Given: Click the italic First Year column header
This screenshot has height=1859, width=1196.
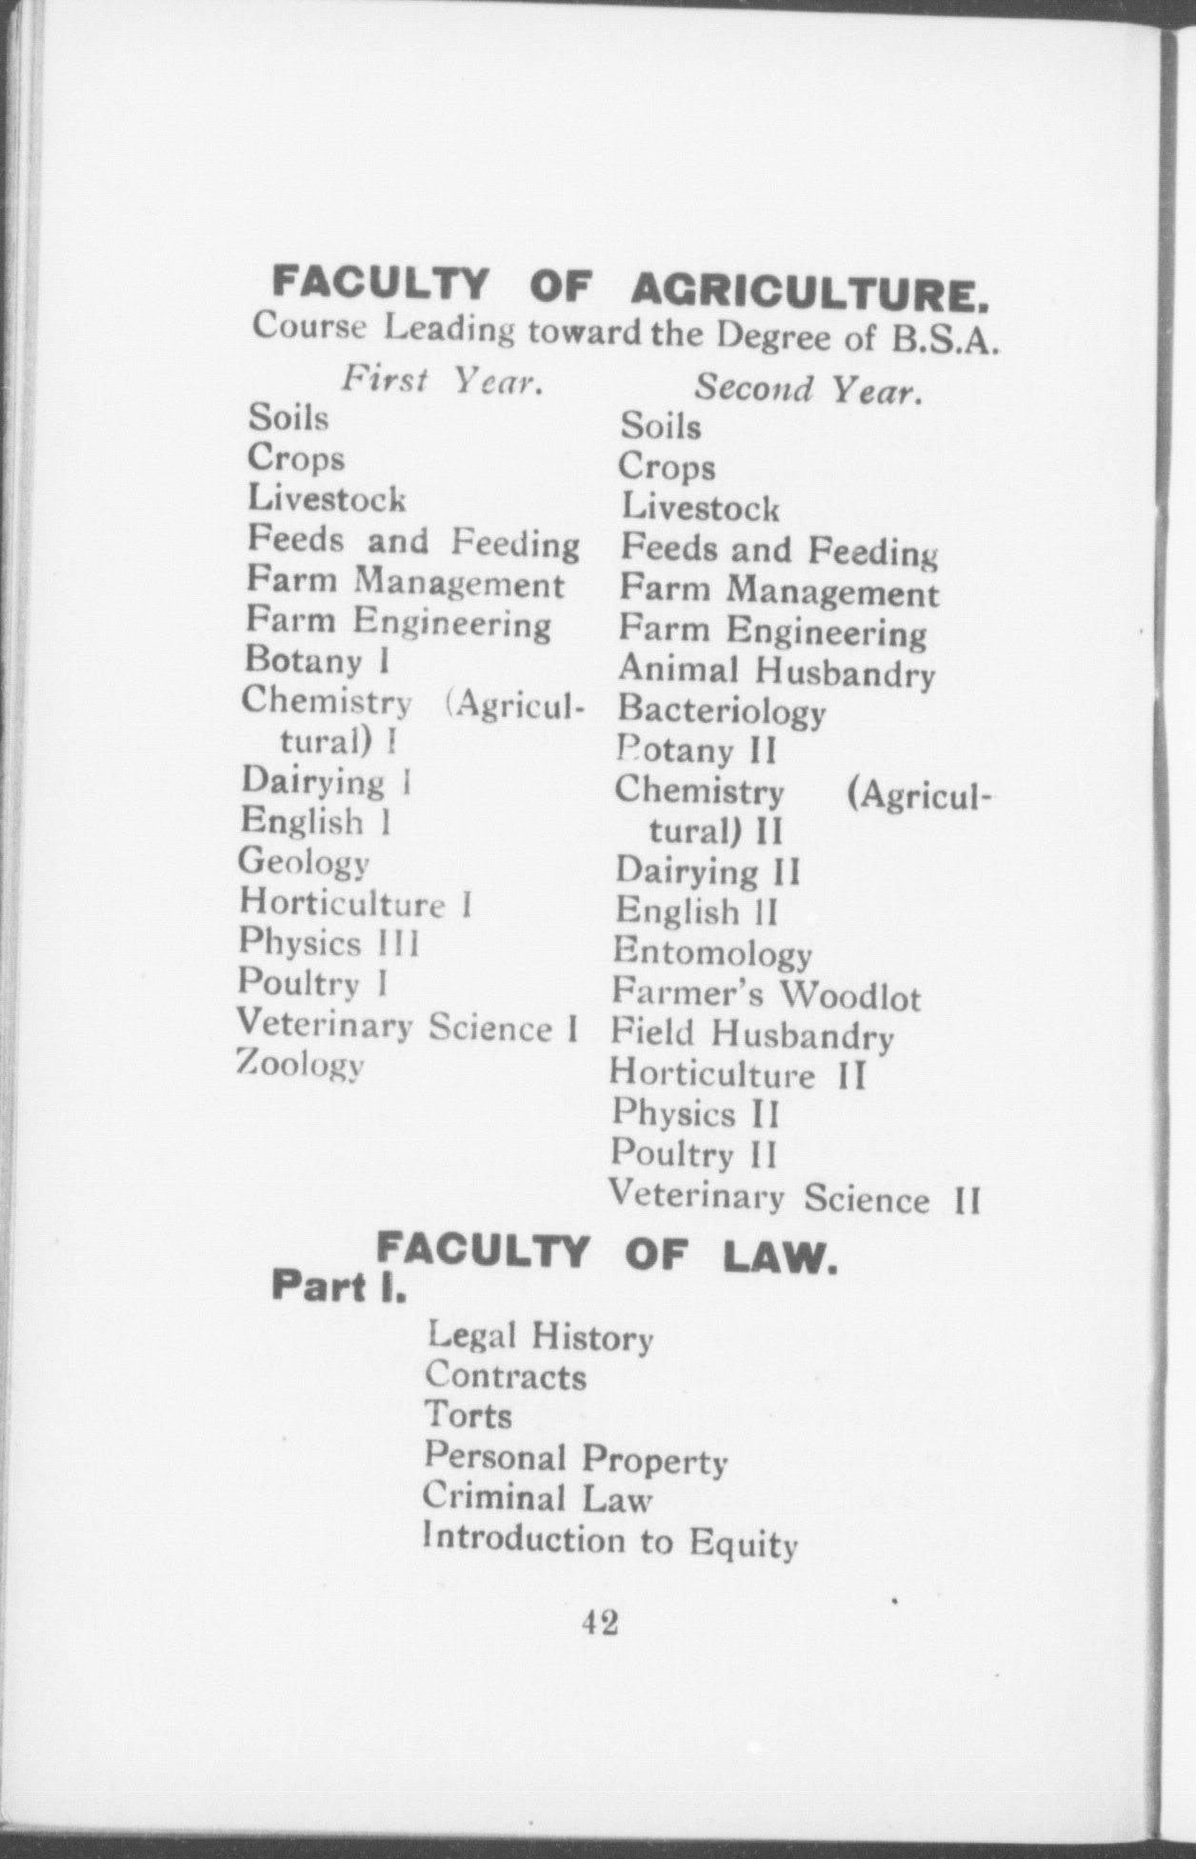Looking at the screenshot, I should pyautogui.click(x=443, y=382).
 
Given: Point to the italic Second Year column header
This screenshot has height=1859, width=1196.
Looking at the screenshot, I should pyautogui.click(x=807, y=389).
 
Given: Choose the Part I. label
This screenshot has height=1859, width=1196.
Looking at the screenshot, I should pyautogui.click(x=339, y=1286).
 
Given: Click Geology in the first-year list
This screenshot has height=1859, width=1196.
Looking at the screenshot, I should pyautogui.click(x=304, y=862).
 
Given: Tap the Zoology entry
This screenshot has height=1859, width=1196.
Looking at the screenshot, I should pyautogui.click(x=300, y=1063).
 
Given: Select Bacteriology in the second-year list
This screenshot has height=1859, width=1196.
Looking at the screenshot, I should pyautogui.click(x=722, y=711).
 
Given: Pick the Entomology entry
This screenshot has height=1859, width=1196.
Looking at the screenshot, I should pyautogui.click(x=712, y=953).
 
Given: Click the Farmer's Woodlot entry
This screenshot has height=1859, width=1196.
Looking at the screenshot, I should pyautogui.click(x=766, y=995).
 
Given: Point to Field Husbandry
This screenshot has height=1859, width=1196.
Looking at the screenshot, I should pyautogui.click(x=752, y=1035).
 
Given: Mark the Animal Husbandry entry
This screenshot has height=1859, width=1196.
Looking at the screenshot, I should pyautogui.click(x=776, y=671).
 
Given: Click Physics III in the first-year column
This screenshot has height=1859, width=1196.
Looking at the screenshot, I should pyautogui.click(x=329, y=943).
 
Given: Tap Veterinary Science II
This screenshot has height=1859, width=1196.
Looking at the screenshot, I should pyautogui.click(x=794, y=1197).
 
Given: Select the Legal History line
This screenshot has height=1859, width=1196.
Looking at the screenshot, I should pyautogui.click(x=540, y=1337).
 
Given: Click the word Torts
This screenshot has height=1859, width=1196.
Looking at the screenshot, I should pyautogui.click(x=468, y=1416).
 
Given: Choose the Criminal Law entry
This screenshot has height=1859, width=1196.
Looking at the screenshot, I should pyautogui.click(x=537, y=1498).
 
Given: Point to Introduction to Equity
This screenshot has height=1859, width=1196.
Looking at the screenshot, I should pyautogui.click(x=609, y=1541).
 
